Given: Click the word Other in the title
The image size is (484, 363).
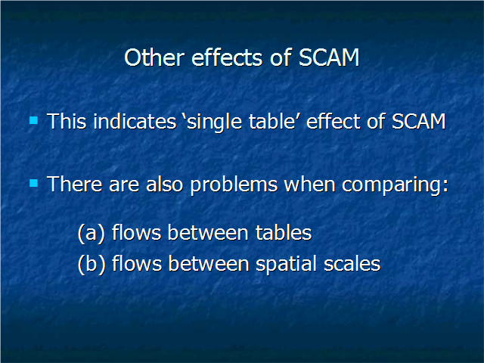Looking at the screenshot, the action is click(x=154, y=57).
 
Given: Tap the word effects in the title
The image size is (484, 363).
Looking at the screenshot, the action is click(x=227, y=57).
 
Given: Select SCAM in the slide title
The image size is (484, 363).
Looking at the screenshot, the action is click(x=329, y=57).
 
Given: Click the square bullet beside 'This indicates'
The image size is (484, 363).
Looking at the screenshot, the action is click(x=33, y=120).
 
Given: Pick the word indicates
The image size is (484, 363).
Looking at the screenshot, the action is click(x=135, y=121).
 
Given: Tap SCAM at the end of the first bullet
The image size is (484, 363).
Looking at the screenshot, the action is click(x=418, y=121).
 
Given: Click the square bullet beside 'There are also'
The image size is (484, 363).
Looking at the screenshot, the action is click(x=33, y=183).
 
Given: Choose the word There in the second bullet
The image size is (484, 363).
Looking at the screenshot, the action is click(x=74, y=185).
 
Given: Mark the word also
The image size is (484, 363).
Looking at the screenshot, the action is click(x=165, y=185).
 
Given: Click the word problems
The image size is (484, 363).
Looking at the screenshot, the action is click(x=234, y=185).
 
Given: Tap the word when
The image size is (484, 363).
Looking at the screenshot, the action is click(x=309, y=185).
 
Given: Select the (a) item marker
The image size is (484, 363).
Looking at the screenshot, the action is click(x=92, y=233).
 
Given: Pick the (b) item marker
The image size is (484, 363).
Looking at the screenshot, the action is click(x=92, y=265).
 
